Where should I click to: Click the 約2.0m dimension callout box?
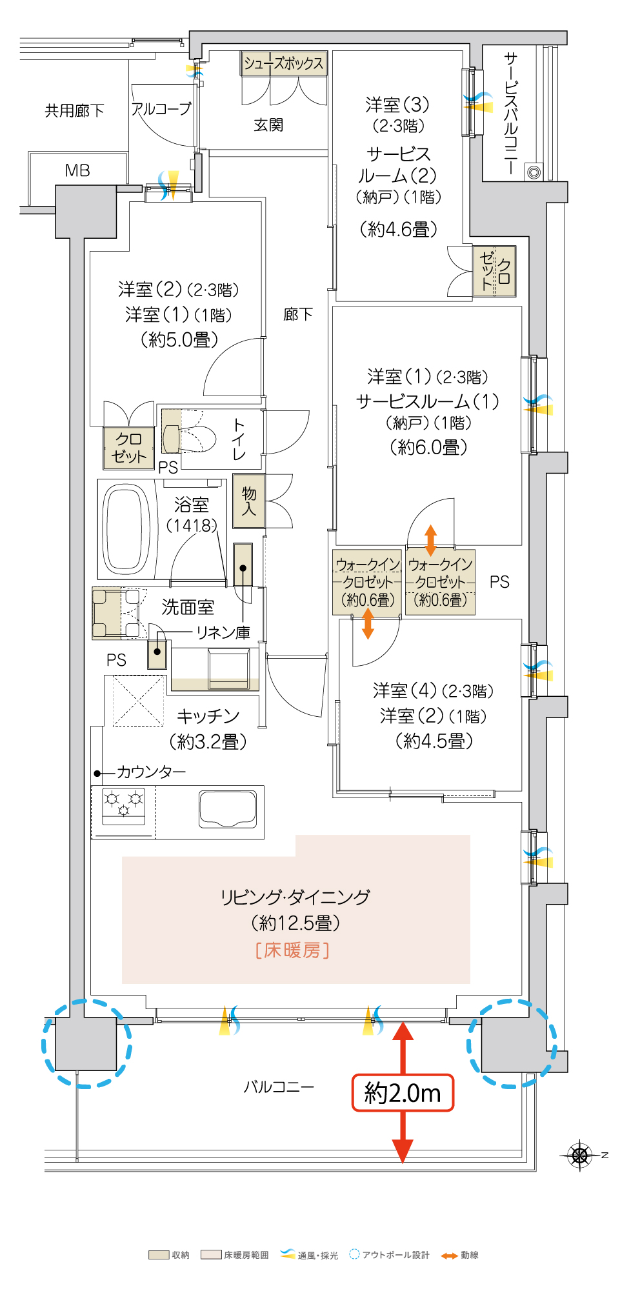[403, 1092]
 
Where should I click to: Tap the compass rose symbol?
[580, 1155]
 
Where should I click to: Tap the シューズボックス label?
[283, 63]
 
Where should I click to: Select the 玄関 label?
[268, 125]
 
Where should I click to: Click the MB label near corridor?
[77, 170]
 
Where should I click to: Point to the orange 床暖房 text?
[292, 950]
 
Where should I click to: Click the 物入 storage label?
[249, 501]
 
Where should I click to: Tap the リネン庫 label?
[223, 632]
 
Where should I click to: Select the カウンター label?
[151, 772]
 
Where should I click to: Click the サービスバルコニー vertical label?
[510, 114]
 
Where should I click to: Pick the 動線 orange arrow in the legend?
[449, 1255]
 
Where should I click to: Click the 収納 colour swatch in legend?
[159, 1255]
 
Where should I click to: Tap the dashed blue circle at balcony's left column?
[86, 1043]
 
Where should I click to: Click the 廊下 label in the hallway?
[298, 314]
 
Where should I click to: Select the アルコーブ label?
[161, 109]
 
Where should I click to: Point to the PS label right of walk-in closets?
[499, 582]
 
